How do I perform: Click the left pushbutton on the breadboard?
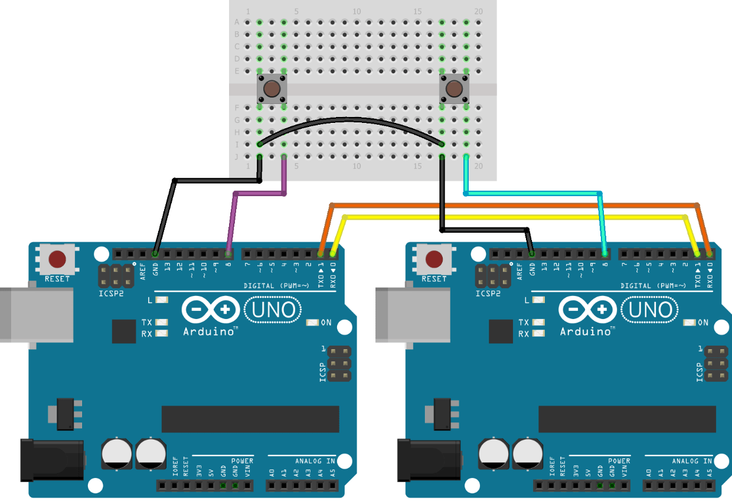(272, 89)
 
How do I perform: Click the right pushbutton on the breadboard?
(454, 89)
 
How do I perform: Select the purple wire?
(260, 193)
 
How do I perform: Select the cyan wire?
(531, 193)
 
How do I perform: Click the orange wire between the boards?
(514, 205)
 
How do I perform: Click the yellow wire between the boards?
(514, 217)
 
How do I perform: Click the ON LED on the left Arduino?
(312, 323)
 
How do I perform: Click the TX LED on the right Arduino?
(538, 323)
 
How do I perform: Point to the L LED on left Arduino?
(161, 300)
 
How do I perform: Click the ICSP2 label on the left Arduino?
(110, 294)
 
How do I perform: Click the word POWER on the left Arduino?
(242, 461)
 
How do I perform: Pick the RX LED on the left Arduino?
(161, 334)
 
